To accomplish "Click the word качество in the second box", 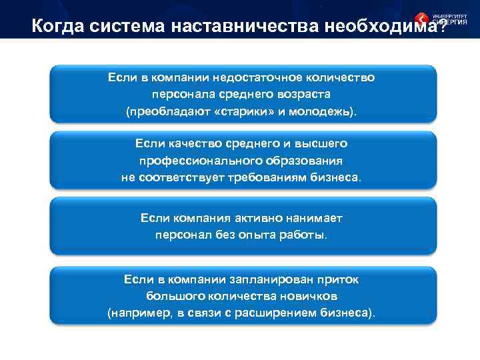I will coord(189,144).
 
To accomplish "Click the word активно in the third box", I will coord(261,218).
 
